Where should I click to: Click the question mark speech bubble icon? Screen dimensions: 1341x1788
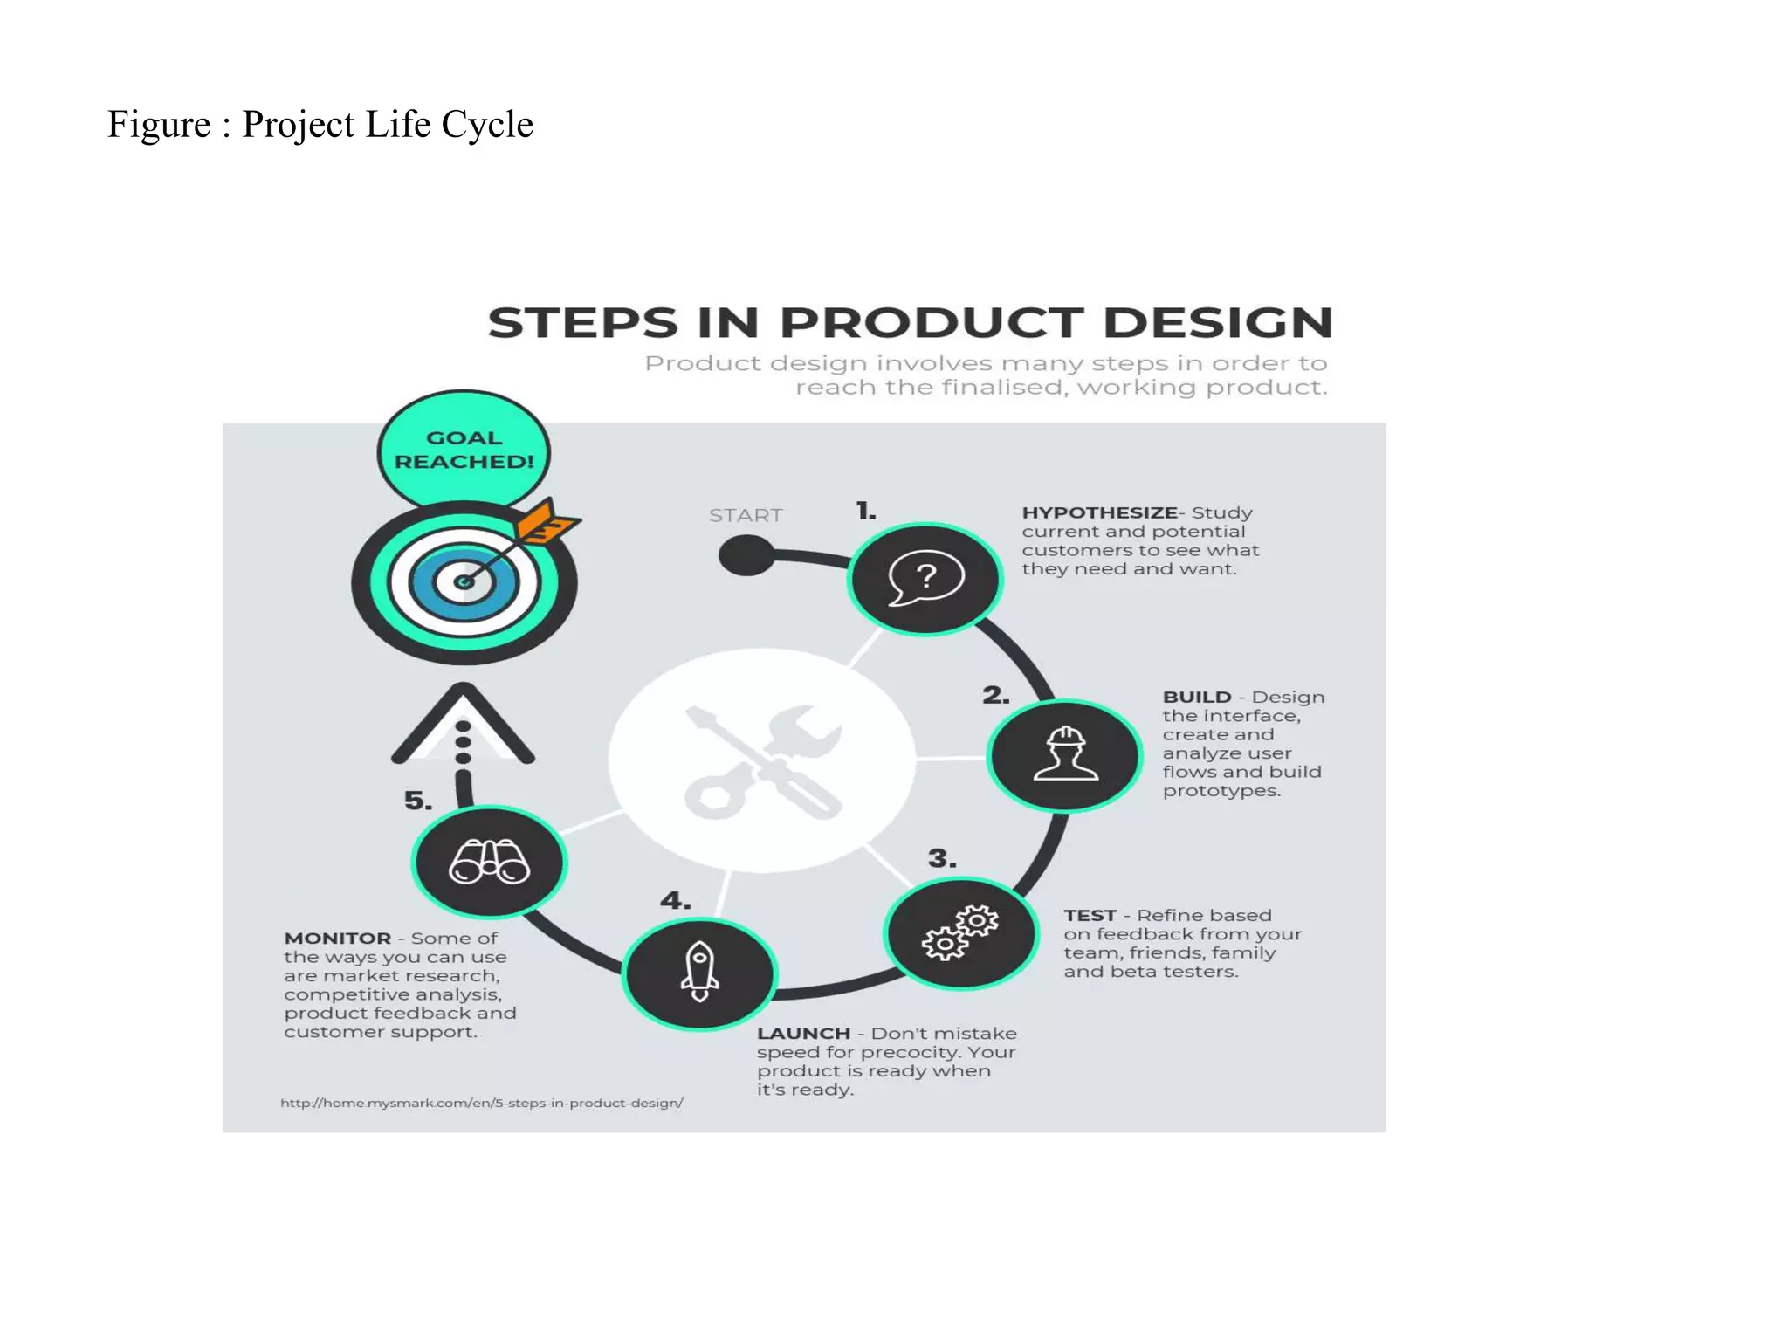[925, 578]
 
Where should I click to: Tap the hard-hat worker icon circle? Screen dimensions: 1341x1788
[1065, 755]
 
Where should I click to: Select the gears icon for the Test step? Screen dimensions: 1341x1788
[961, 932]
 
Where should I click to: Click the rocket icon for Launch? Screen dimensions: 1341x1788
[699, 972]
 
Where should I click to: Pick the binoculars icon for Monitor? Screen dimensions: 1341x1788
[489, 862]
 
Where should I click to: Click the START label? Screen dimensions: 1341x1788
[746, 515]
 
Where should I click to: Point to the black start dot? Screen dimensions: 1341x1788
[746, 555]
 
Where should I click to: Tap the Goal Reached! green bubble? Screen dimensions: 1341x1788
[464, 449]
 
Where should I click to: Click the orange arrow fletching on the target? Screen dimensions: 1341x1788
[545, 522]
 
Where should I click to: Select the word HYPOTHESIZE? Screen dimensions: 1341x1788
[1099, 512]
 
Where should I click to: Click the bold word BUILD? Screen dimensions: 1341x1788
[1196, 697]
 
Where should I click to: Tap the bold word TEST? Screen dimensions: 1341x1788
[1090, 915]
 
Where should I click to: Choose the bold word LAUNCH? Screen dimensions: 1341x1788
[803, 1033]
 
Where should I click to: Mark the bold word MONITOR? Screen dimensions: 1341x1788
[337, 938]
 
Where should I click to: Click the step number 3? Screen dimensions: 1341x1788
[941, 858]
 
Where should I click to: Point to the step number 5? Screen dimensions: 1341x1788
[417, 801]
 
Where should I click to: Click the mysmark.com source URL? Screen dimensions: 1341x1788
[481, 1103]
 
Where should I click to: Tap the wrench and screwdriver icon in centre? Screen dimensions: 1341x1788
[762, 760]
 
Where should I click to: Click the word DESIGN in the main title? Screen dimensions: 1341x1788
[1217, 323]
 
